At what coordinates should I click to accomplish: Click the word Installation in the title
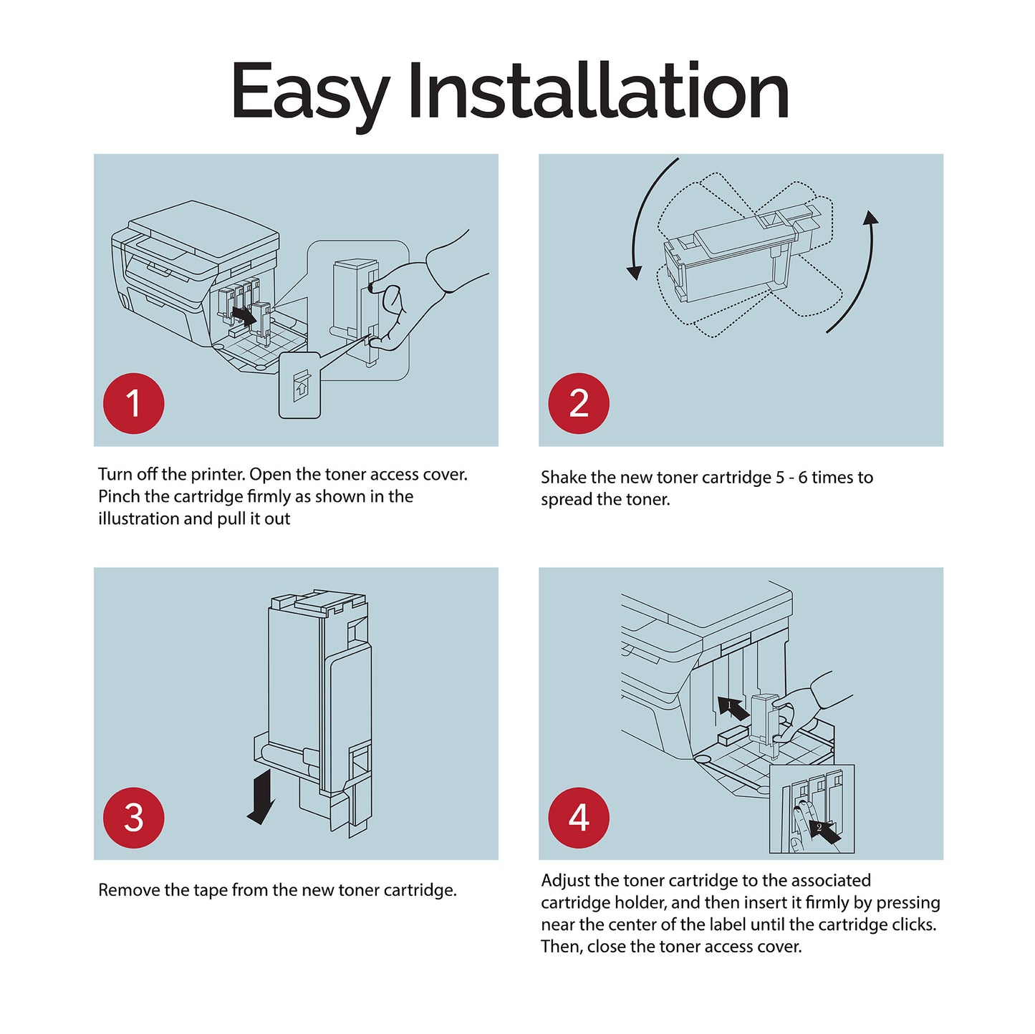(598, 90)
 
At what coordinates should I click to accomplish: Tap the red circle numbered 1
(134, 403)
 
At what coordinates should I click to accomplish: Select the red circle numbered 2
(579, 403)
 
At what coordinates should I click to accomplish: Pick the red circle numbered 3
(134, 818)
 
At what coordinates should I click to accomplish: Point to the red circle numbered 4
(579, 818)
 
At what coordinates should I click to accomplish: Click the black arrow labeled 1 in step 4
(733, 707)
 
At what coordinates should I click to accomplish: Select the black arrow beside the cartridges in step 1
(244, 315)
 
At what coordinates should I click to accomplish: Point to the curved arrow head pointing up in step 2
(870, 218)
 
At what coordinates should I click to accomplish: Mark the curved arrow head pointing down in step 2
(635, 272)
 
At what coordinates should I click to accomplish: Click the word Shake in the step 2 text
(564, 477)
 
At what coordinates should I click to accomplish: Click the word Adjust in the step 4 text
(565, 881)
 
